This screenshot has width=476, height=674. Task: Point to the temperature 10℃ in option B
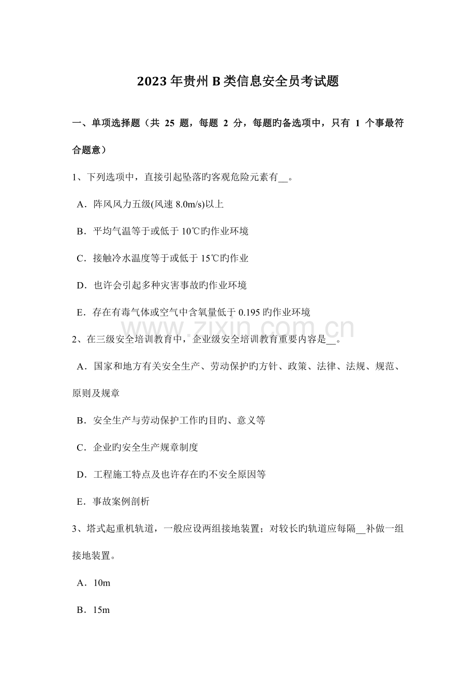(187, 231)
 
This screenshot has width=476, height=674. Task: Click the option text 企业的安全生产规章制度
(145, 447)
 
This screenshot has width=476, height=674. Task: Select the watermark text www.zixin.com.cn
(238, 329)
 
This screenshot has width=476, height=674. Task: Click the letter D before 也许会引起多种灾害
(80, 285)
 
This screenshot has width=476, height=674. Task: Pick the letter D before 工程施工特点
(80, 474)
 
